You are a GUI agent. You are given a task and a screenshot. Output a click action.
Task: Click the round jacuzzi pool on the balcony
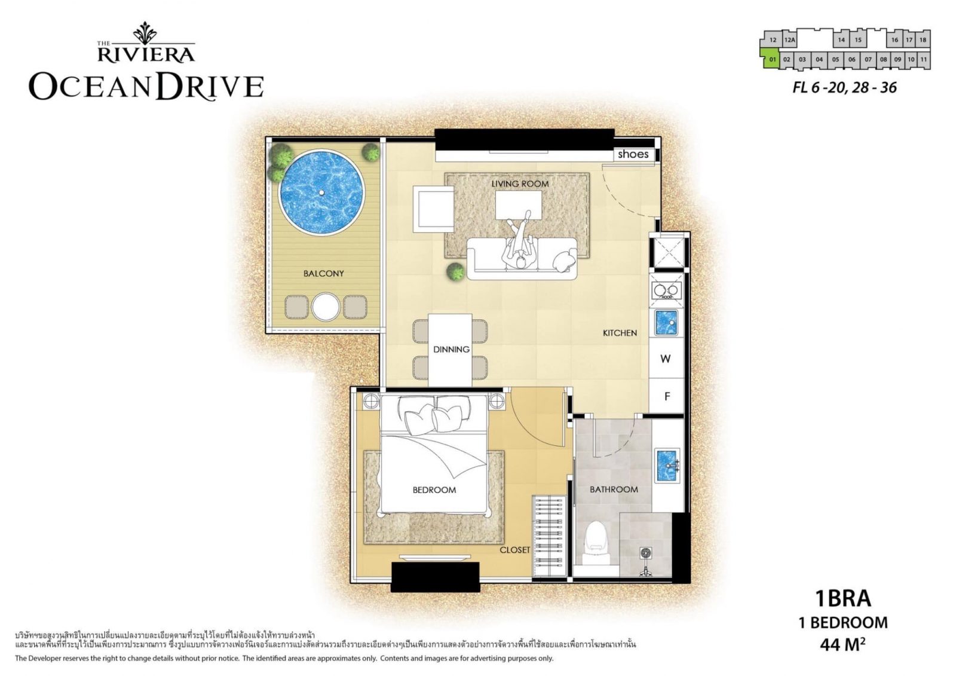321,192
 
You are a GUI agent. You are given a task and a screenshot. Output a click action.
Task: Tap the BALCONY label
323,273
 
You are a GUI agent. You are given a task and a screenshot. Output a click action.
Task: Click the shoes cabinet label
633,154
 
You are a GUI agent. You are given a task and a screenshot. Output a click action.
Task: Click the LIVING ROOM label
520,183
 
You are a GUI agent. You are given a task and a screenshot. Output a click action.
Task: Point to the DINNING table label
451,349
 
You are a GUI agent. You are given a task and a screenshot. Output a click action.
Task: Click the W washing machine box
665,359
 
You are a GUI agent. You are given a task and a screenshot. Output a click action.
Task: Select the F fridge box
667,396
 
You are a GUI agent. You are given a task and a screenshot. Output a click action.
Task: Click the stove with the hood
666,291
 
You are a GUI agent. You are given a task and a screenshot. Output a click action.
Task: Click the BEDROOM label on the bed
434,490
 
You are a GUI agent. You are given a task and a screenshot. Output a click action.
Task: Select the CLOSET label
514,549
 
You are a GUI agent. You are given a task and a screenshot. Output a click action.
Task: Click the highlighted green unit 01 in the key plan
771,59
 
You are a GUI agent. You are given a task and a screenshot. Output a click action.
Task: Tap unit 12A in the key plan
789,41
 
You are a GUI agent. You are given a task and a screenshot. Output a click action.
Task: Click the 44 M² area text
842,644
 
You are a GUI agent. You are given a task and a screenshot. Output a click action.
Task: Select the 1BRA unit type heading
842,598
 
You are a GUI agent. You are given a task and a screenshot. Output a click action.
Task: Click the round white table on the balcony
326,307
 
